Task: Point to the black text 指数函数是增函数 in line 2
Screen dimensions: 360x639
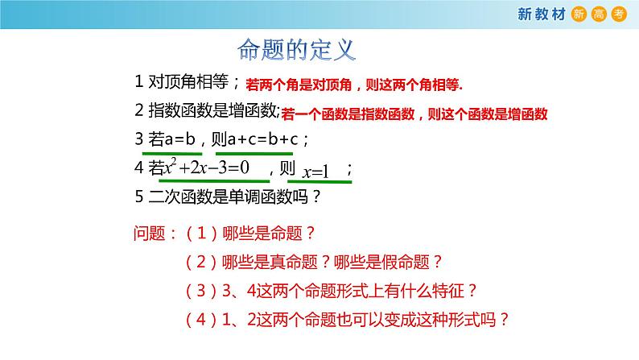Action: (214, 111)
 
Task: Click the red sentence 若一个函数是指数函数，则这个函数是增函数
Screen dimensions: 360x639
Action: (415, 113)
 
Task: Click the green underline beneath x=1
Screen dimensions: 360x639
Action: (319, 182)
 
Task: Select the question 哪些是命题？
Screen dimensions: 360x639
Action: (271, 234)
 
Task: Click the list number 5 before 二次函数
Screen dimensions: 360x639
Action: (139, 196)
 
